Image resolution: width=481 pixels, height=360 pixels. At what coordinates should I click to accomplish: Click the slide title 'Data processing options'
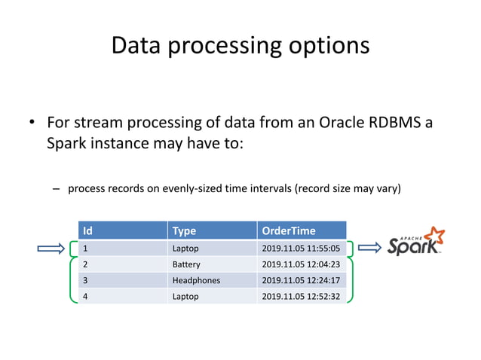pos(240,45)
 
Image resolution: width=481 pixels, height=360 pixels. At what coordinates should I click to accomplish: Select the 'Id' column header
pos(87,230)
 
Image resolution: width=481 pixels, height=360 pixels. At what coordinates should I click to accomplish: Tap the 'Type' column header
pos(184,230)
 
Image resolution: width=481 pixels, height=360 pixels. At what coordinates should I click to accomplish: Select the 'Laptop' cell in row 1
pos(185,248)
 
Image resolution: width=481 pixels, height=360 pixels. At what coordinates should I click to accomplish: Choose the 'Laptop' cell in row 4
pos(185,296)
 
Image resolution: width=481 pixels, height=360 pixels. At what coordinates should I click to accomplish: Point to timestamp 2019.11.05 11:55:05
pos(300,248)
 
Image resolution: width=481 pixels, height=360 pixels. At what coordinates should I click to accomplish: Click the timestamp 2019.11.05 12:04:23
pos(300,264)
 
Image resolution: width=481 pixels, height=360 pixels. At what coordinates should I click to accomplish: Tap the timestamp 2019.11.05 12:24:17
pos(300,280)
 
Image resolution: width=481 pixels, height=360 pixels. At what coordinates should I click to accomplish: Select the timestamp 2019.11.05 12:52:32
pos(300,296)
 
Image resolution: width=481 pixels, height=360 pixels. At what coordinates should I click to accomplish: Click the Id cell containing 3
pos(85,280)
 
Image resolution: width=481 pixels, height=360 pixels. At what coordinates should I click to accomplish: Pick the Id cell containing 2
pos(85,264)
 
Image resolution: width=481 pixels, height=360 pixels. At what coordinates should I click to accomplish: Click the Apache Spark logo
pos(415,243)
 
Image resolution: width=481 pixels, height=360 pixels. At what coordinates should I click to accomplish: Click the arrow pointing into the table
pos(51,248)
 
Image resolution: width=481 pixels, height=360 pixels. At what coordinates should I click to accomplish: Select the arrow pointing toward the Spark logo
pos(369,247)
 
